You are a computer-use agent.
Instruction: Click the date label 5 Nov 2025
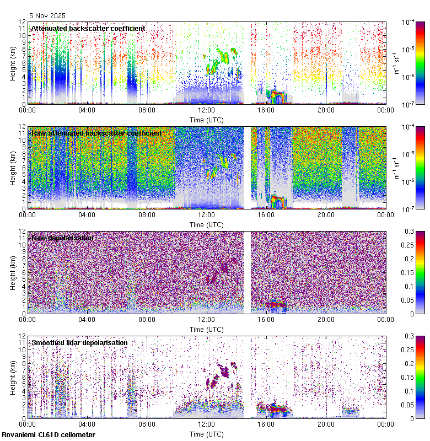tap(47, 16)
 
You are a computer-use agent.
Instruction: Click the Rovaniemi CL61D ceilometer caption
tap(48, 435)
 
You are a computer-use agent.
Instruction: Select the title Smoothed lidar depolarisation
tap(79, 343)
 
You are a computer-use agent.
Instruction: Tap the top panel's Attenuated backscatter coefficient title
tap(88, 29)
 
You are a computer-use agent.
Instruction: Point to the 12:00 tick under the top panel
tap(206, 110)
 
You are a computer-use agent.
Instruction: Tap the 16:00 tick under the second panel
tap(266, 214)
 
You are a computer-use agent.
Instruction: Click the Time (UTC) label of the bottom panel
tap(206, 434)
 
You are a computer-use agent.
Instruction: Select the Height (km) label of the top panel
tap(13, 63)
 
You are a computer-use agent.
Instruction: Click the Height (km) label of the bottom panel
tap(13, 377)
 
